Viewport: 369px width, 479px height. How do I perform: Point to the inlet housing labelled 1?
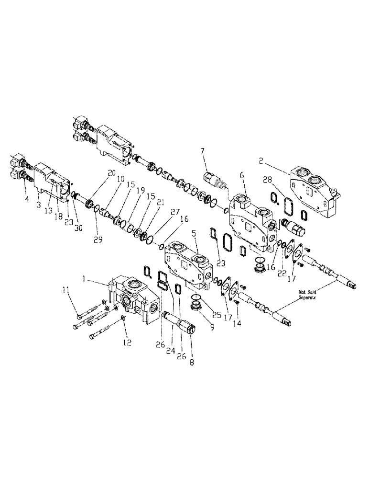[x=134, y=299]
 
